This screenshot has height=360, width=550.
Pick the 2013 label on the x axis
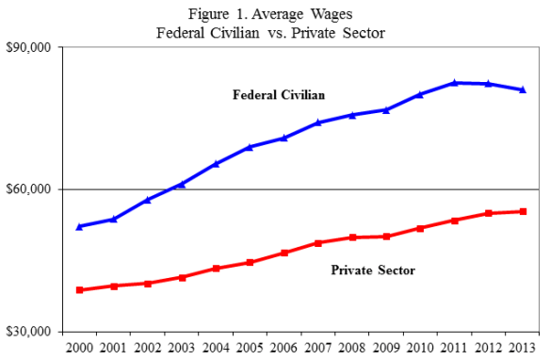[523, 349]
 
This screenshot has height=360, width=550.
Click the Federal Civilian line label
[279, 94]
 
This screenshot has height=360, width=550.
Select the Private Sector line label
[374, 270]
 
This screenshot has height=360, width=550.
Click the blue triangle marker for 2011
[454, 83]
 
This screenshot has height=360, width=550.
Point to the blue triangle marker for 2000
[80, 226]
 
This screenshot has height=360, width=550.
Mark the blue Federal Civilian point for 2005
[250, 147]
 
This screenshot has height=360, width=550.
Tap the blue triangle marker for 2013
[523, 90]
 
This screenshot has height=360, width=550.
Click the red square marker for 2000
[80, 290]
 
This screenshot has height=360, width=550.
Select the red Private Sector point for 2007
[317, 243]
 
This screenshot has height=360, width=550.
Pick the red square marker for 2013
[523, 211]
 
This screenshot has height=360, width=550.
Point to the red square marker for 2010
[420, 228]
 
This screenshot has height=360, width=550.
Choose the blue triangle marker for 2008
[352, 115]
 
